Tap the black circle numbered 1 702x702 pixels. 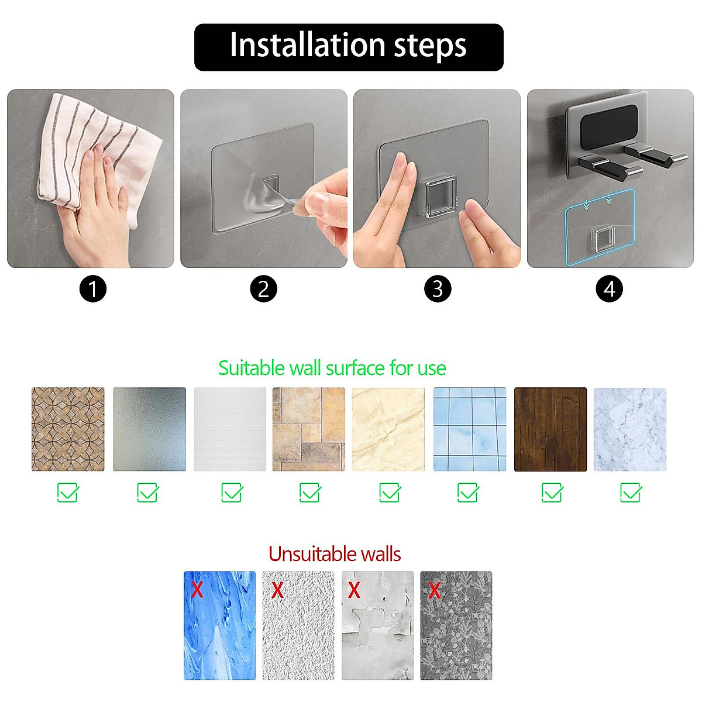point(93,289)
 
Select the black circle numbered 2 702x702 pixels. point(263,289)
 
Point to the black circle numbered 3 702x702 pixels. point(438,289)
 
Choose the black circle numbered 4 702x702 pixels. point(609,289)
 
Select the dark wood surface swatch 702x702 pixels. point(550,429)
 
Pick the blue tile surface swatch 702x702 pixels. point(470,429)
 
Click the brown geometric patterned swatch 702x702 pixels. point(68,429)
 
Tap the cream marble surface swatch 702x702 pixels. point(388,429)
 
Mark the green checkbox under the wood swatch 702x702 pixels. point(552,493)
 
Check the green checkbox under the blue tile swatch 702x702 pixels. point(468,493)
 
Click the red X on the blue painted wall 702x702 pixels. point(197,590)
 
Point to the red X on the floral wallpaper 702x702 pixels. point(434,590)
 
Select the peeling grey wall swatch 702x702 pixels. point(377,625)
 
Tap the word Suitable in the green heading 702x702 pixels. point(252,368)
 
